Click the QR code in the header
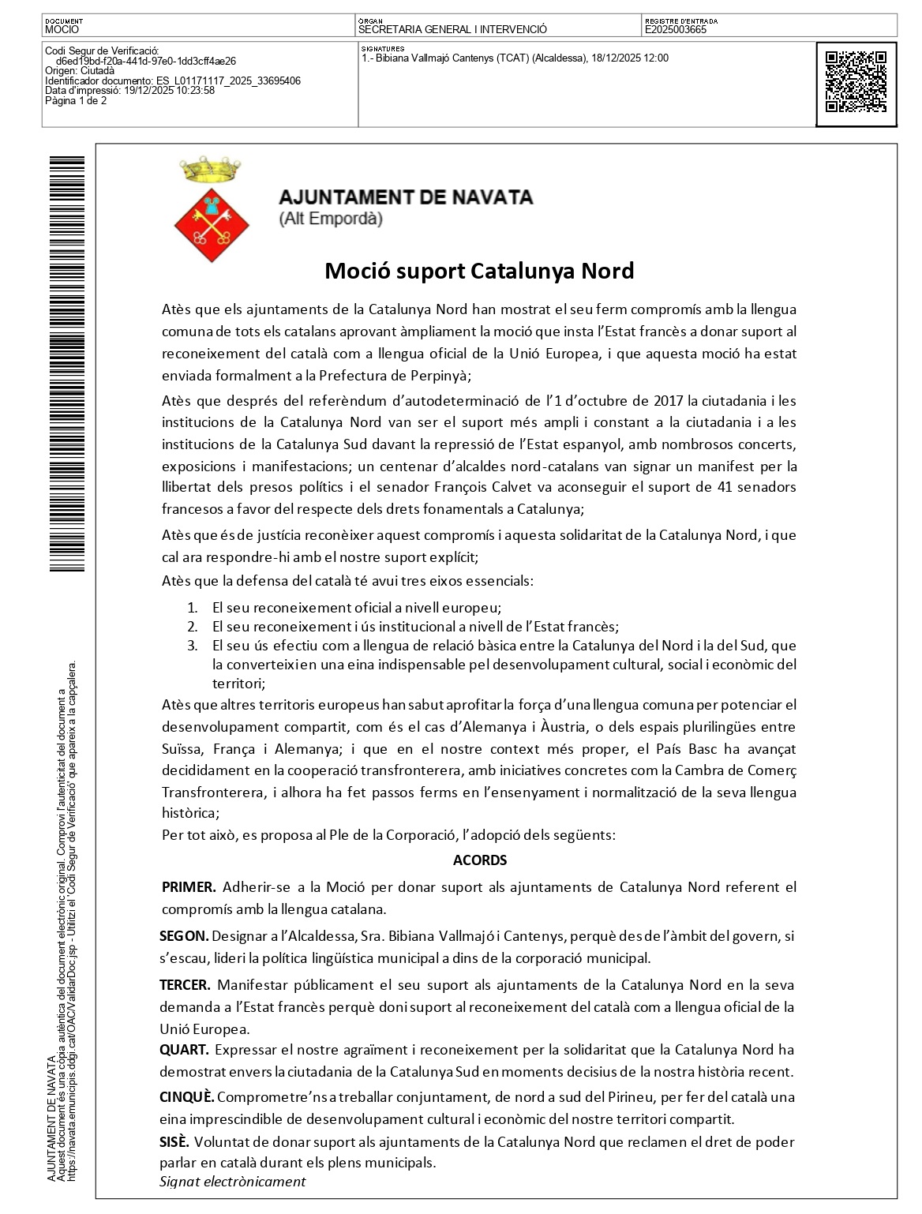pyautogui.click(x=856, y=83)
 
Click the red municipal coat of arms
pyautogui.click(x=212, y=225)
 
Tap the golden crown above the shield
pyautogui.click(x=210, y=167)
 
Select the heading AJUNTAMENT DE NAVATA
pyautogui.click(x=406, y=197)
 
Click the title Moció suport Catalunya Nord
pyautogui.click(x=479, y=271)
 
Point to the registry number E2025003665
pyautogui.click(x=676, y=30)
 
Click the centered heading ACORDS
pyautogui.click(x=480, y=860)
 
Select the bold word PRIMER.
pyautogui.click(x=189, y=886)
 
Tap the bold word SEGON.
pyautogui.click(x=184, y=936)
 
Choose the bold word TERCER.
pyautogui.click(x=185, y=984)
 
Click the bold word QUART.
pyautogui.click(x=184, y=1050)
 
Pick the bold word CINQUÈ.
pyautogui.click(x=187, y=1097)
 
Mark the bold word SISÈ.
pyautogui.click(x=174, y=1141)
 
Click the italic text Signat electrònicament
pyautogui.click(x=232, y=1182)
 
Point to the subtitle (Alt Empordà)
pyautogui.click(x=331, y=219)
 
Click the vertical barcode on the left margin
pyautogui.click(x=66, y=363)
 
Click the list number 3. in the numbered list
pyautogui.click(x=192, y=646)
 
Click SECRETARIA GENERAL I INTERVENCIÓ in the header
pyautogui.click(x=452, y=30)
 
